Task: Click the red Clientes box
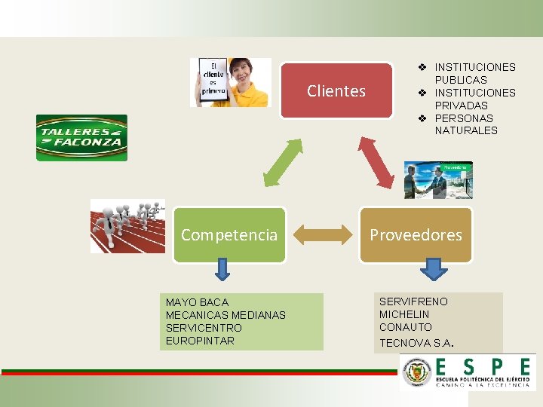click(x=336, y=91)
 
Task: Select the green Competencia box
click(x=229, y=235)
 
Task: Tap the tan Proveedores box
click(x=416, y=235)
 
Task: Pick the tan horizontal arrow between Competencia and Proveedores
click(x=323, y=235)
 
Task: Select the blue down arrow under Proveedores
click(x=433, y=269)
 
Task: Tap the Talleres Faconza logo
click(x=81, y=138)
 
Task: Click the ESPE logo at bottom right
click(x=468, y=372)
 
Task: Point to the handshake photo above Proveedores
click(x=438, y=180)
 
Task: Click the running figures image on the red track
click(x=127, y=225)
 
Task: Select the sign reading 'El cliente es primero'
click(x=213, y=81)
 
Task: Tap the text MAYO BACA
click(x=197, y=302)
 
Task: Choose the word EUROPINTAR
click(x=200, y=341)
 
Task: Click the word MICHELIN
click(x=404, y=314)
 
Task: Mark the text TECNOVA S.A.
click(x=416, y=343)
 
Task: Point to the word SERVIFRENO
click(x=413, y=301)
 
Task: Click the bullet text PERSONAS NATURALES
click(x=465, y=124)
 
